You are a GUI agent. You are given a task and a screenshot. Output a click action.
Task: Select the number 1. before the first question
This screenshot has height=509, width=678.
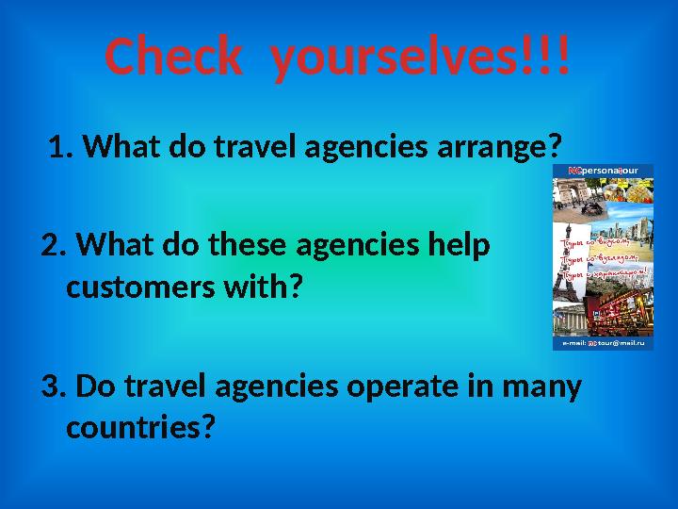coord(63,147)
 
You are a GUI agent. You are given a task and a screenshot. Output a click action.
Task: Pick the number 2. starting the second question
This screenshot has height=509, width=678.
coord(55,247)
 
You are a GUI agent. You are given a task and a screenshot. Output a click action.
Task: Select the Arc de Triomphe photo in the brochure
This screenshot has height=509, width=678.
coord(573,195)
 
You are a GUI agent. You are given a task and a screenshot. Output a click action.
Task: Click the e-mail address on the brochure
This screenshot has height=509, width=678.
coord(603,344)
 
